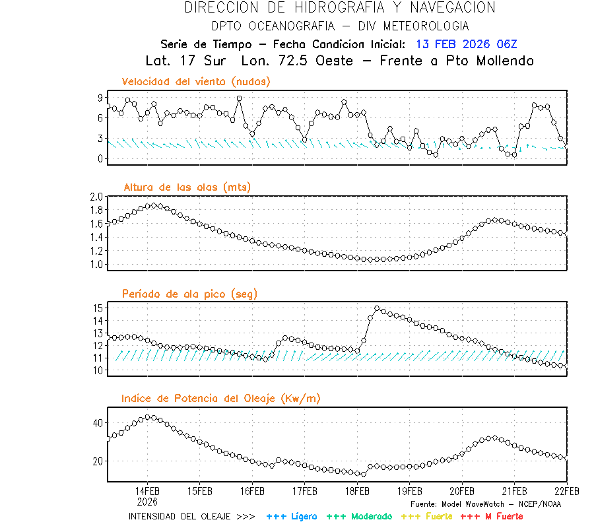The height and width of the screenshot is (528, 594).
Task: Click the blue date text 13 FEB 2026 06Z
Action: point(467,44)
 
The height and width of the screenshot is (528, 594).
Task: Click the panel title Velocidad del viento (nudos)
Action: point(196,82)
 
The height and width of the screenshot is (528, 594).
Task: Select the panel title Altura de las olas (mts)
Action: point(187,187)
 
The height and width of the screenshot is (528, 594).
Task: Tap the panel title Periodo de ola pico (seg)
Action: point(189,294)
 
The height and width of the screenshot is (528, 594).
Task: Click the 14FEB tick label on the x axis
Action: point(147,491)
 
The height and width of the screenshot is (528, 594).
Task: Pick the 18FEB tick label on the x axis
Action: point(357,491)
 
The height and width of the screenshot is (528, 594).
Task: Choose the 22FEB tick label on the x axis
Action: point(566,491)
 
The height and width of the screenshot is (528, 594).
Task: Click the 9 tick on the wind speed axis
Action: point(100,98)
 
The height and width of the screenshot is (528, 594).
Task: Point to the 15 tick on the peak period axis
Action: point(98,308)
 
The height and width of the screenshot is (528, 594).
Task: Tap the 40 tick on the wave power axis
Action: point(98,422)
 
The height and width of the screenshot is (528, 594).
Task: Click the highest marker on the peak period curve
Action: point(377,308)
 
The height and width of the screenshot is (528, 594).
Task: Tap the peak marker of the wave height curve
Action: point(153,205)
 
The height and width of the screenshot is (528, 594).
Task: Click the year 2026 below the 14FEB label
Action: point(147,501)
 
